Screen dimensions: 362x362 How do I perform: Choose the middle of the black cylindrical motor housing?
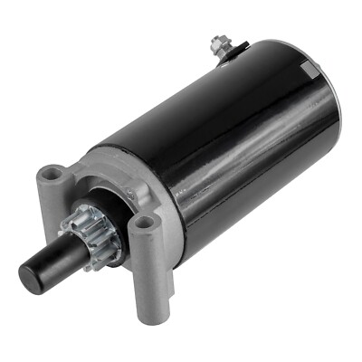[x=235, y=136]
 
